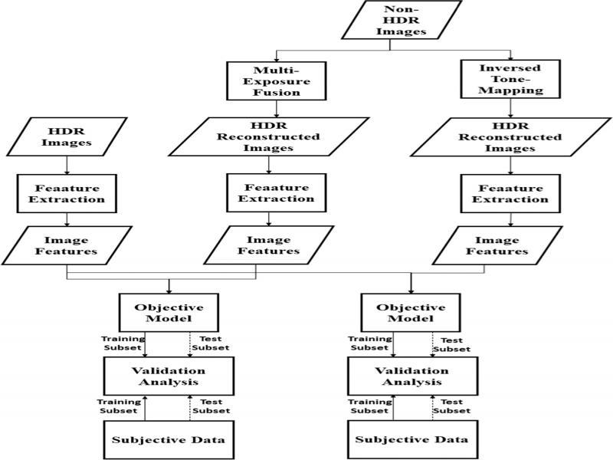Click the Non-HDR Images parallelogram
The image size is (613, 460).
point(391,21)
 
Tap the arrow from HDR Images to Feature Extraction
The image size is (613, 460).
point(68,165)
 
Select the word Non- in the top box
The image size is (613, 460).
point(391,9)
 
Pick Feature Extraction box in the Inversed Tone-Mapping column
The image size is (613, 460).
point(504,192)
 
